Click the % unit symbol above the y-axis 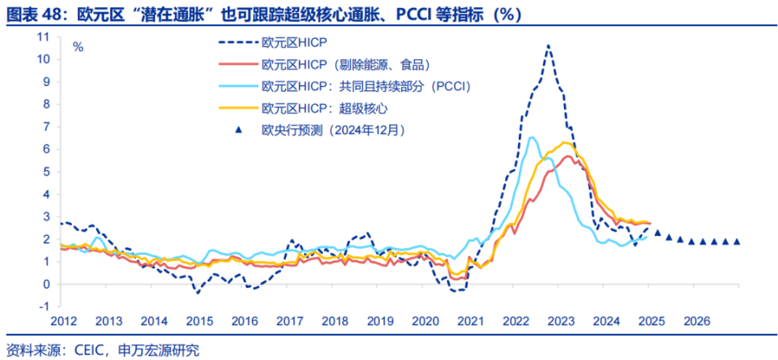(x=78, y=46)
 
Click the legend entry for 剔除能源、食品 (x=344, y=65)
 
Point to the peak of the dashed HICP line (x=549, y=46)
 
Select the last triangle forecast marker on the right (x=737, y=241)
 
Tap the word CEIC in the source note (x=77, y=350)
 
